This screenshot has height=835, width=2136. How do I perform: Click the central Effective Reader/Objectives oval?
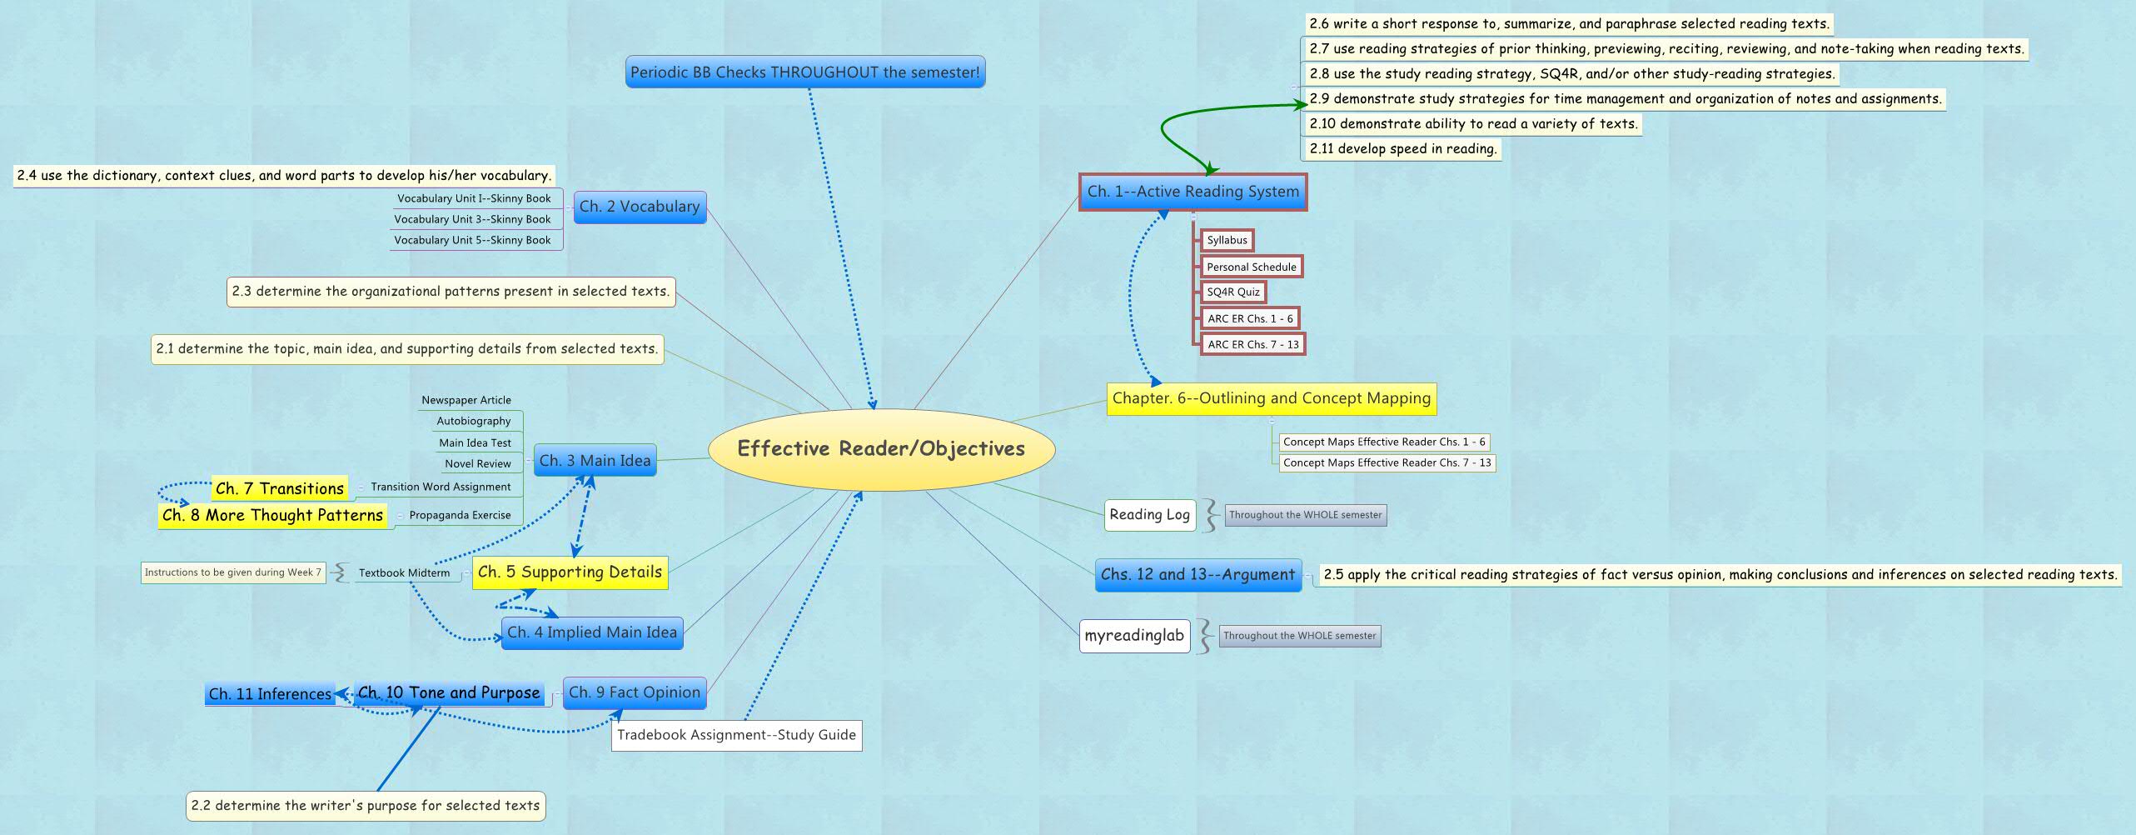click(x=881, y=448)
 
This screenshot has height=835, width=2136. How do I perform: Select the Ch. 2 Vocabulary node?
click(x=640, y=207)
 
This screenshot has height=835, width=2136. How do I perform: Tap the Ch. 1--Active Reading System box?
click(x=1192, y=192)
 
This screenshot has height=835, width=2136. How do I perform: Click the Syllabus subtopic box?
click(x=1227, y=240)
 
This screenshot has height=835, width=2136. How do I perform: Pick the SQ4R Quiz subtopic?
click(x=1232, y=292)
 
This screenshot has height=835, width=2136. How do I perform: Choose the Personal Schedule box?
click(x=1251, y=267)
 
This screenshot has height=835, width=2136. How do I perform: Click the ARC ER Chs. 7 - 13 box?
click(x=1252, y=344)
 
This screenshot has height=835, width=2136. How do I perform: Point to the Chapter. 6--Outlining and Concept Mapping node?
click(x=1271, y=398)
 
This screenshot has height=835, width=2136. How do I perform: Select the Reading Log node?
click(x=1149, y=515)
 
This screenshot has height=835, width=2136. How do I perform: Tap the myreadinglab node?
click(x=1134, y=636)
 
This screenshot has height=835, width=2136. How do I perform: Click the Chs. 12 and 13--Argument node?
click(x=1197, y=574)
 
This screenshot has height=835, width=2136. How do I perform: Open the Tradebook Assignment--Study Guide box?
click(x=736, y=735)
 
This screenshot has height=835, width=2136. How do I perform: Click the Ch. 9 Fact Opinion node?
click(x=635, y=692)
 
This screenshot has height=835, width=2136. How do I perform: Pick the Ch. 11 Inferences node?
click(x=270, y=694)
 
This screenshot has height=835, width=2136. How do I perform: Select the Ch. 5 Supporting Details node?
click(x=570, y=572)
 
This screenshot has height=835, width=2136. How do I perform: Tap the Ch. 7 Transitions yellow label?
click(x=279, y=488)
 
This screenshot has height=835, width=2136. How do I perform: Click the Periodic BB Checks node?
click(x=804, y=72)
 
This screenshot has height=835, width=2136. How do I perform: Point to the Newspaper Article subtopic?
click(x=466, y=400)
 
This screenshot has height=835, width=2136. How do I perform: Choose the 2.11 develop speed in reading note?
click(x=1402, y=149)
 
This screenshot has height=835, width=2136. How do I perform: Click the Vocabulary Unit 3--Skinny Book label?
click(x=472, y=219)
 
